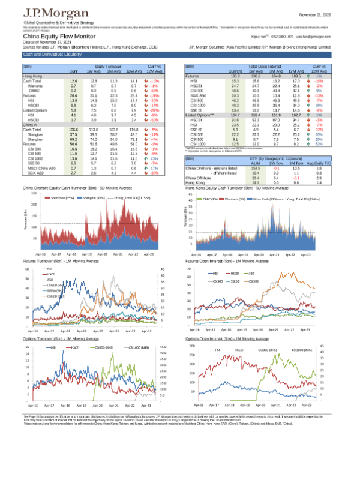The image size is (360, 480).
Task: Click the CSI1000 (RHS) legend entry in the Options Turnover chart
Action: pyautogui.click(x=137, y=347)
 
